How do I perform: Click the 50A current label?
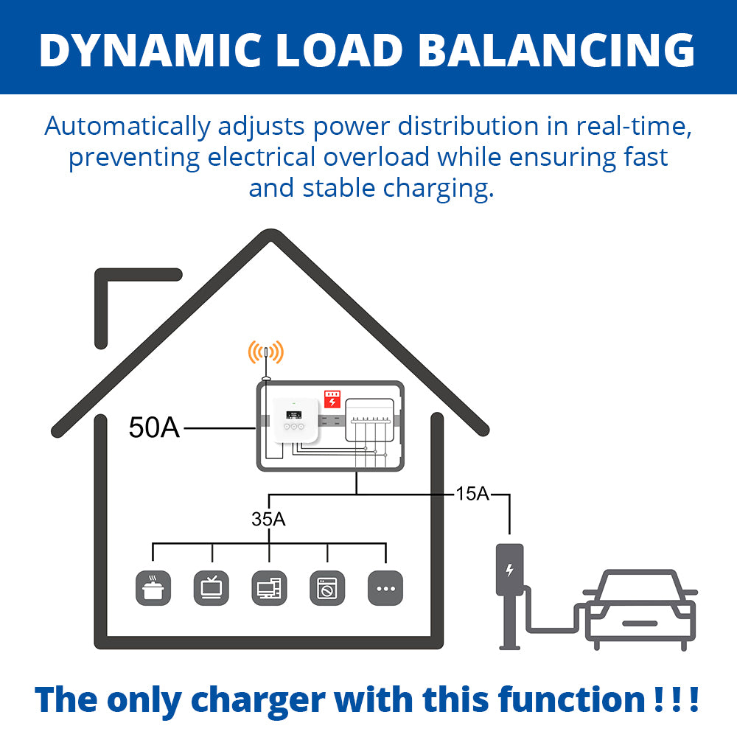click(154, 427)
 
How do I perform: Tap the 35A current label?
click(268, 519)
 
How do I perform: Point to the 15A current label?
click(472, 494)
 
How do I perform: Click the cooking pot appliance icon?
click(153, 588)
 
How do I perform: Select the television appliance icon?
click(212, 588)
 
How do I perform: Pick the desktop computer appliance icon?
click(269, 588)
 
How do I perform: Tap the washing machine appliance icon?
click(327, 588)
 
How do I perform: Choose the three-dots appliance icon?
click(385, 588)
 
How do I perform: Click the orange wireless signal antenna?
click(265, 354)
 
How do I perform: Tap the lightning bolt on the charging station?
click(509, 570)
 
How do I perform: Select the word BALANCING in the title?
click(565, 50)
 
